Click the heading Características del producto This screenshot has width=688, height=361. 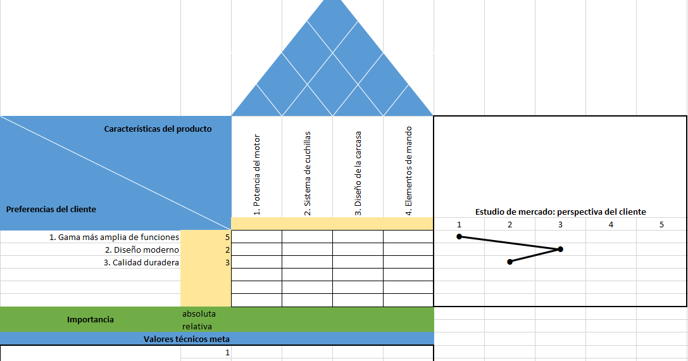pos(158,129)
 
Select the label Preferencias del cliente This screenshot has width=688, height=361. pos(51,209)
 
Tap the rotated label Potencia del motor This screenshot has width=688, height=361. pos(257,175)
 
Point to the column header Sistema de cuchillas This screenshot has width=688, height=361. pos(308,174)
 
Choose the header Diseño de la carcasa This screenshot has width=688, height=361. pos(358,174)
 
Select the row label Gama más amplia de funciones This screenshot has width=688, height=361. pos(114,237)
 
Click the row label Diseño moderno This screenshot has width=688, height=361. pos(142,250)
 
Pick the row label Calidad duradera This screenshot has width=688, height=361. pos(141,263)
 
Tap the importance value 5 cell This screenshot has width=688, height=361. pos(227,237)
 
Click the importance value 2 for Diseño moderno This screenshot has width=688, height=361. pos(227,250)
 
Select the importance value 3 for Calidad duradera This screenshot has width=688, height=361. pos(227,263)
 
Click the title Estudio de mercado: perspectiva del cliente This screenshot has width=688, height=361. pos(560,212)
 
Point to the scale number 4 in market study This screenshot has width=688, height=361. pos(611,224)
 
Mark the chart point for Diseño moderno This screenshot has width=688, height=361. pos(561,250)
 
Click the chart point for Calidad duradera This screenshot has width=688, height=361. pos(510,262)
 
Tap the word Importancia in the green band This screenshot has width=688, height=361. pos(91,320)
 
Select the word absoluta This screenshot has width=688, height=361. pos(199,313)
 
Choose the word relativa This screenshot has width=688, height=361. pos(196,326)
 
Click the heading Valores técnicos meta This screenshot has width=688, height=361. pos(186,339)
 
